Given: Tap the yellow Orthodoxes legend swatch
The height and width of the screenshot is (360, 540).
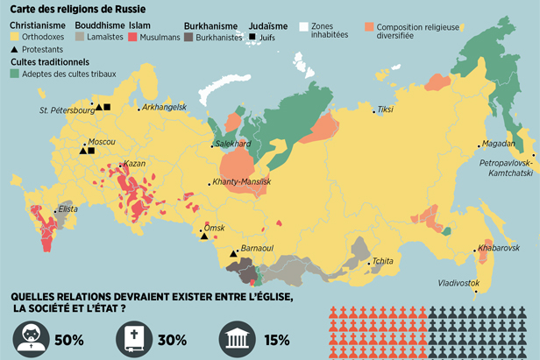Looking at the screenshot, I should click(15, 39).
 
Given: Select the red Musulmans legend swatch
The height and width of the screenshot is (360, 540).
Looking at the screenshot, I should click(133, 39).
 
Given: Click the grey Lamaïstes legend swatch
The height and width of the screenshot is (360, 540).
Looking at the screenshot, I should click(80, 39).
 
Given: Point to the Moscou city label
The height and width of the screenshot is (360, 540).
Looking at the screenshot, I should click(96, 140).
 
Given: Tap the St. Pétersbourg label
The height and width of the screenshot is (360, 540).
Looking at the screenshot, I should click(65, 110).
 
